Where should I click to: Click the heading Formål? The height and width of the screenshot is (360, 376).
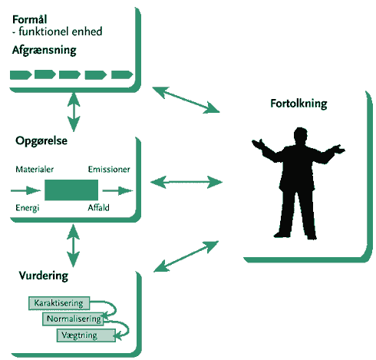[x=30, y=19]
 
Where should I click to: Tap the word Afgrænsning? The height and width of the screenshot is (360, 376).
[x=45, y=50]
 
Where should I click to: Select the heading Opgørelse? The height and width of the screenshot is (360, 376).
[x=41, y=141]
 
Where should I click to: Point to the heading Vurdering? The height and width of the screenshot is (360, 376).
[x=44, y=276]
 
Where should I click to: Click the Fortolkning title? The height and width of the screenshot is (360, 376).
[x=298, y=104]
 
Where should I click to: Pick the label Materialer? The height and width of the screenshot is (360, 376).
[x=35, y=170]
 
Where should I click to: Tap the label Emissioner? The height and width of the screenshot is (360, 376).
[x=109, y=170]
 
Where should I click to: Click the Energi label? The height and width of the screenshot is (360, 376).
[x=28, y=208]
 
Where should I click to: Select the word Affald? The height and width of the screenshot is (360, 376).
[x=98, y=207]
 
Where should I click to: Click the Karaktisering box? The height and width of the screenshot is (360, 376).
[x=59, y=303]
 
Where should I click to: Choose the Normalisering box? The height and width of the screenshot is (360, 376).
[x=73, y=319]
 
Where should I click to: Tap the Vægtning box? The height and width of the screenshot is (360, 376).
[x=86, y=335]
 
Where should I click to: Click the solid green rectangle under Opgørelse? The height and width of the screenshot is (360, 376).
[x=71, y=190]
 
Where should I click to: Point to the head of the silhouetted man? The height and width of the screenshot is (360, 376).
[x=300, y=136]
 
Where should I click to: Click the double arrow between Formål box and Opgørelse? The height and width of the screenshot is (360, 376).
[x=74, y=112]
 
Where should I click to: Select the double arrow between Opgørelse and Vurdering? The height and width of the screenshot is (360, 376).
[x=73, y=246]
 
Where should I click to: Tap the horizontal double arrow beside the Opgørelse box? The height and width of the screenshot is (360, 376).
[x=186, y=182]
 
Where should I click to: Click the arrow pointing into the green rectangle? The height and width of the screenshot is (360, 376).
[x=25, y=190]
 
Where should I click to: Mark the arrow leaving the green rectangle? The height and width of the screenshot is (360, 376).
[x=117, y=190]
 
